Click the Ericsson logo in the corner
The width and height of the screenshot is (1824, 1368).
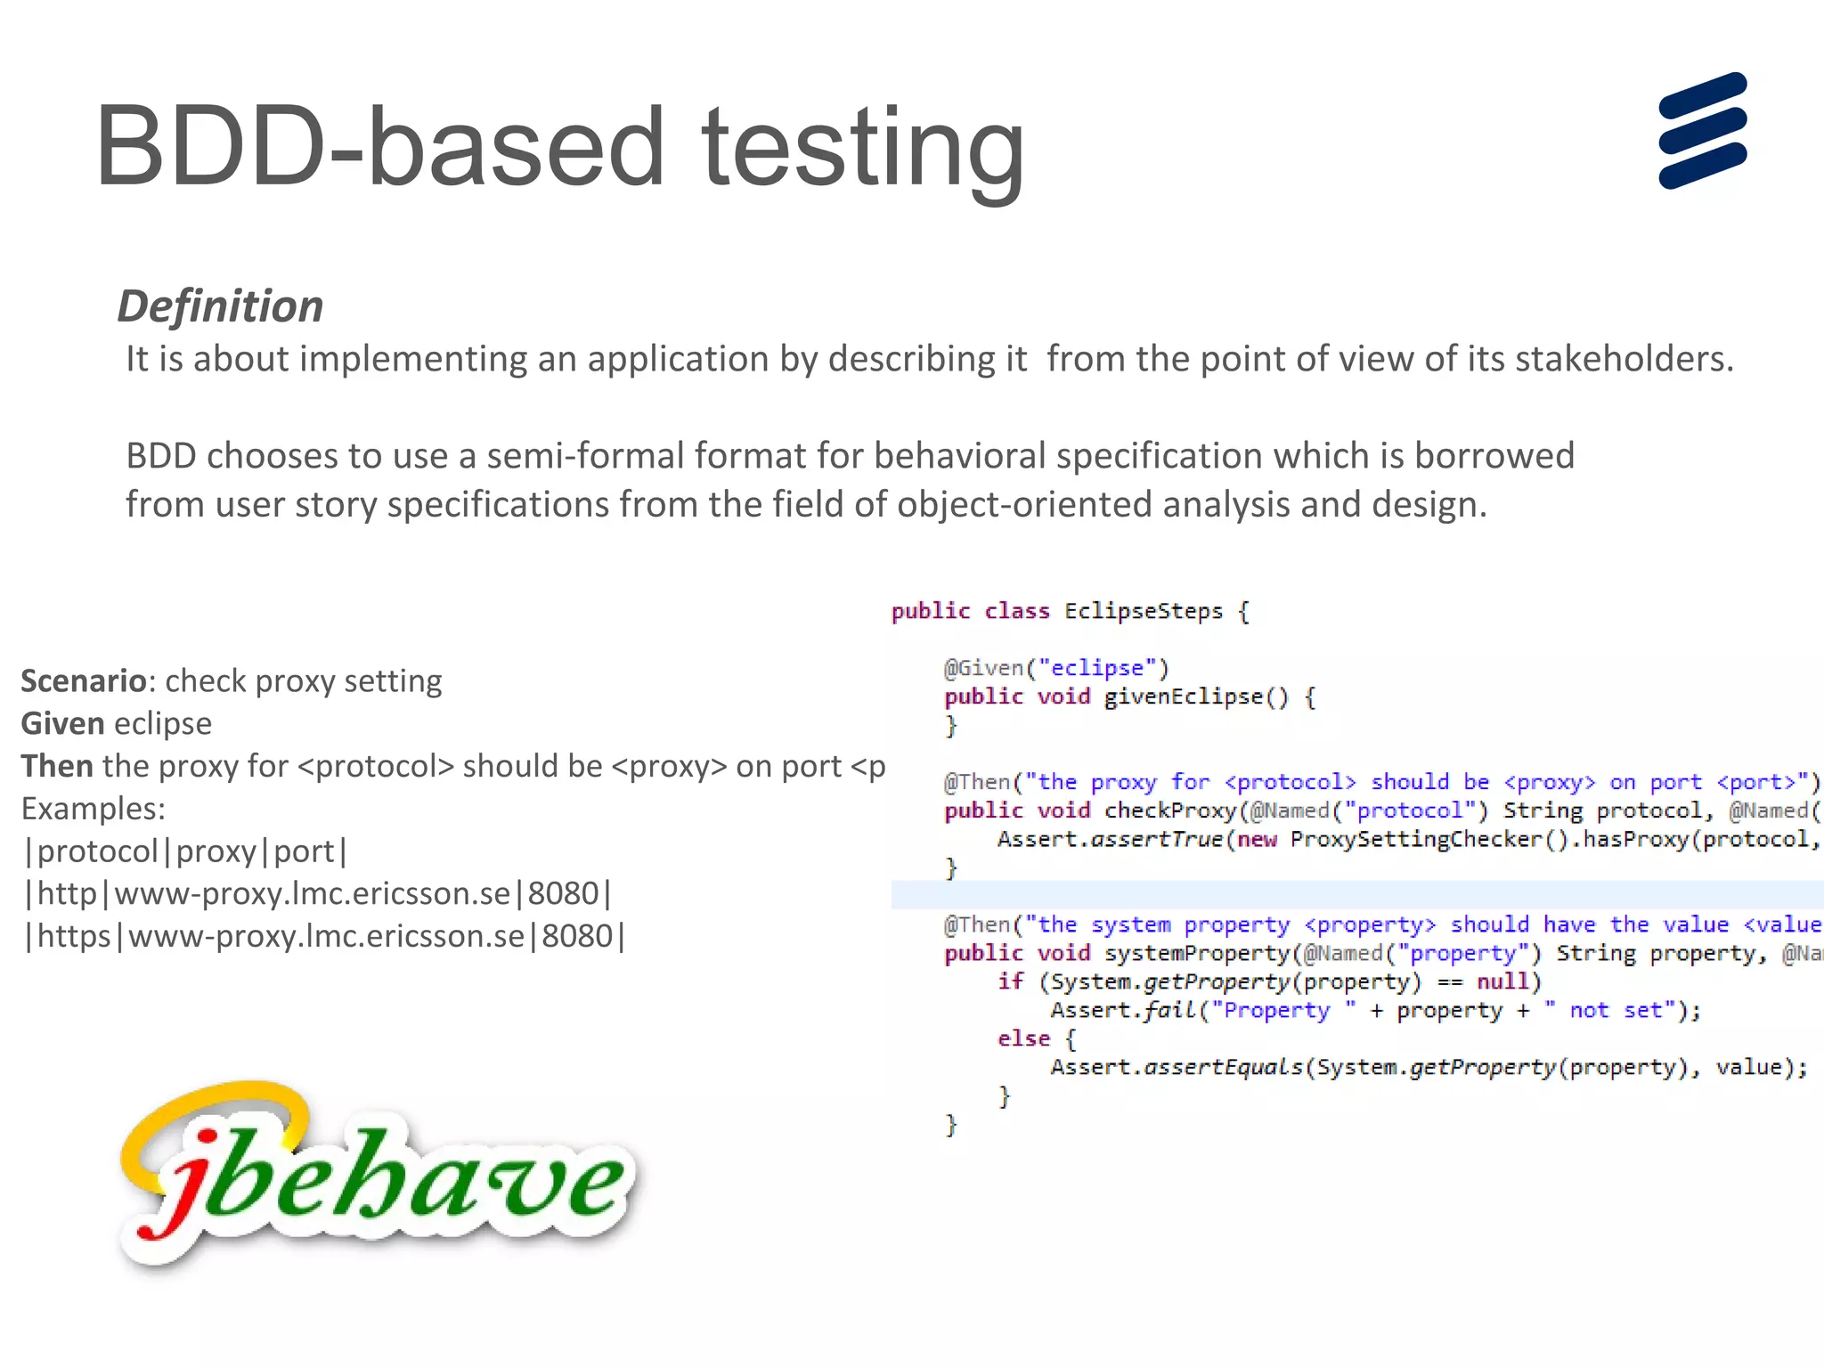pos(1702,131)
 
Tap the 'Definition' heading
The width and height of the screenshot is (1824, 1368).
pos(220,306)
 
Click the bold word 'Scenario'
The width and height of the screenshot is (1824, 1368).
pos(83,681)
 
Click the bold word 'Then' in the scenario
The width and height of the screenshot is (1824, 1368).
pos(57,767)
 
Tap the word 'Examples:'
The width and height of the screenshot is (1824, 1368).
pos(93,810)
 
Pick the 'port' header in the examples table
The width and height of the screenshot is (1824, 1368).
pos(303,852)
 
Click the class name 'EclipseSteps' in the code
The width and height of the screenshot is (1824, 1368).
pos(1143,612)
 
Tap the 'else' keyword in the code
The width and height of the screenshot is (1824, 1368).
pos(1023,1038)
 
